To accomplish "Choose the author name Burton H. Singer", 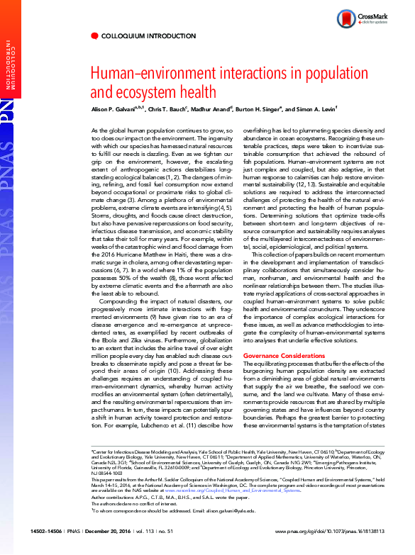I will (265, 109).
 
